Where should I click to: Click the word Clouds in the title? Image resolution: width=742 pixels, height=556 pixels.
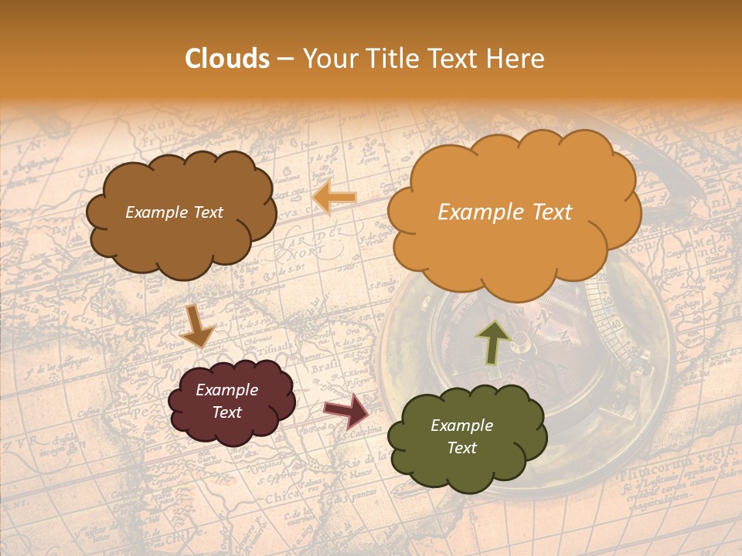[227, 59]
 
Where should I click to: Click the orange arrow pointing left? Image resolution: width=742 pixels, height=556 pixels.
[334, 198]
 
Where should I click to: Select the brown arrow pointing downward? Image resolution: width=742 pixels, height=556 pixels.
[196, 326]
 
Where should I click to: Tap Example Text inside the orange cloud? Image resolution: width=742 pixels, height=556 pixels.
[505, 212]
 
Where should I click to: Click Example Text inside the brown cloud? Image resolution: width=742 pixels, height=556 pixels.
[174, 212]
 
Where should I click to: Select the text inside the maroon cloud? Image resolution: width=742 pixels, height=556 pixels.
[227, 402]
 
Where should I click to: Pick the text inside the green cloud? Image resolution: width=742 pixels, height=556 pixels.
[461, 437]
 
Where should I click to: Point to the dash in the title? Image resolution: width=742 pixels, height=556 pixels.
[284, 59]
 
